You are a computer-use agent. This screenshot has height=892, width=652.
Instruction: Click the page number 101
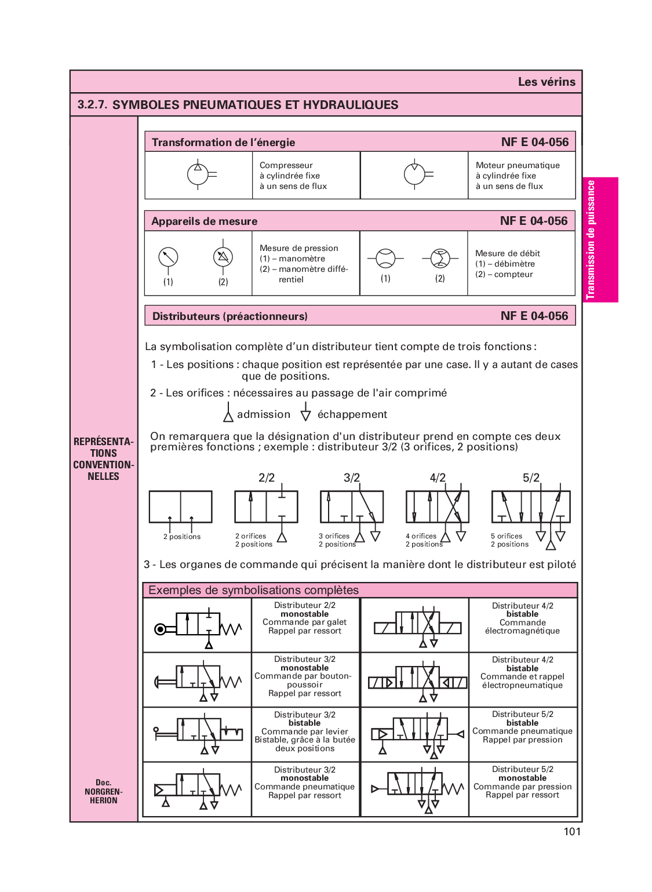point(571,832)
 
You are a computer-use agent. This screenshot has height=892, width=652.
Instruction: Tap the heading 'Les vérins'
point(547,82)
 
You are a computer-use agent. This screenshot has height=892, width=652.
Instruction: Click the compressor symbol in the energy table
point(198,174)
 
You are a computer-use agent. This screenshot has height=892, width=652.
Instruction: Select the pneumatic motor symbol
point(415,174)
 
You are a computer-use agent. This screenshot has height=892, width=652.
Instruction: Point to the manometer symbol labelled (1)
point(168,257)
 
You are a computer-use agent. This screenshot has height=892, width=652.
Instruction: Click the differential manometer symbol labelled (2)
point(223,257)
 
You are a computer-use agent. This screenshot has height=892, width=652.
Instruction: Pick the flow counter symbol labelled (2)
point(440,259)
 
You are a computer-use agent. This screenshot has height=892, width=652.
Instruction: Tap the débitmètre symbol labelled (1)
point(385,259)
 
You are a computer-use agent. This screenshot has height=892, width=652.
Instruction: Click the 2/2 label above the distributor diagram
point(267,478)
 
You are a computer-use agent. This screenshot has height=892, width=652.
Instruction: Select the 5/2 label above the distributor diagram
point(531,478)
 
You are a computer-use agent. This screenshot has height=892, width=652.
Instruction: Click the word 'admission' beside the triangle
point(264,414)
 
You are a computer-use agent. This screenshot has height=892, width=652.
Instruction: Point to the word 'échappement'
point(352,414)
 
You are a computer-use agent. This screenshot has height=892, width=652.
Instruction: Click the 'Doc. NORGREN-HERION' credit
point(103,791)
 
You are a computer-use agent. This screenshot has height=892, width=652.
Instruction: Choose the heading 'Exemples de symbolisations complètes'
point(254,590)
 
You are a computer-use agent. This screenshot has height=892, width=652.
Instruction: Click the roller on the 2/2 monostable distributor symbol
point(161,629)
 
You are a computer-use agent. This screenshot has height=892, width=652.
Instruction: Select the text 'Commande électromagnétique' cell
point(522,627)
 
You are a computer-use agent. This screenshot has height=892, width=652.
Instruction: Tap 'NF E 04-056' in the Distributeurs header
point(534,316)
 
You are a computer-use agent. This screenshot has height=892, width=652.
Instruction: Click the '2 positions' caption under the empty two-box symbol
point(182,537)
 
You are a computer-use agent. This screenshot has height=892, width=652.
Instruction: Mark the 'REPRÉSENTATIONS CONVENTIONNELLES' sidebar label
point(103,458)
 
